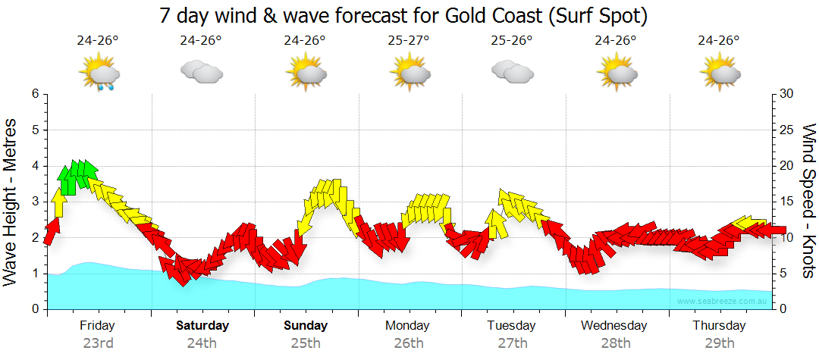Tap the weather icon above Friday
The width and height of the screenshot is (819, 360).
pyautogui.click(x=99, y=74)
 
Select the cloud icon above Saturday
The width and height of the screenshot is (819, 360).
pyautogui.click(x=201, y=72)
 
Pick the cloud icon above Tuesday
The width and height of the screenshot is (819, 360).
pyautogui.click(x=512, y=72)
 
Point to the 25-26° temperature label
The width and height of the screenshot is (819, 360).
pyautogui.click(x=512, y=41)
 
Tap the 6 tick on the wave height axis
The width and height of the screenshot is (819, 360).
pyautogui.click(x=34, y=94)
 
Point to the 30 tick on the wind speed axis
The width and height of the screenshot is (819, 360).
pyautogui.click(x=787, y=94)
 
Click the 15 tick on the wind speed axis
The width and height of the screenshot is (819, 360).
pyautogui.click(x=786, y=202)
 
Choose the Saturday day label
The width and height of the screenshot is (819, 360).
pyautogui.click(x=202, y=326)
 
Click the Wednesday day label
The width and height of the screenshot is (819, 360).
pyautogui.click(x=614, y=326)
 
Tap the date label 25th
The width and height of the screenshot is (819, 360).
pyautogui.click(x=305, y=343)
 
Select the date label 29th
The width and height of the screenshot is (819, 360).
pyautogui.click(x=718, y=343)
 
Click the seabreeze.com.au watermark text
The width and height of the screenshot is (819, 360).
pyautogui.click(x=723, y=302)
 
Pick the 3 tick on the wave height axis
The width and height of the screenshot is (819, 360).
pyautogui.click(x=34, y=202)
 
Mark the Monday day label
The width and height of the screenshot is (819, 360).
pyautogui.click(x=408, y=326)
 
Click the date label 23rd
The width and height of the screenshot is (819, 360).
pyautogui.click(x=98, y=343)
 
